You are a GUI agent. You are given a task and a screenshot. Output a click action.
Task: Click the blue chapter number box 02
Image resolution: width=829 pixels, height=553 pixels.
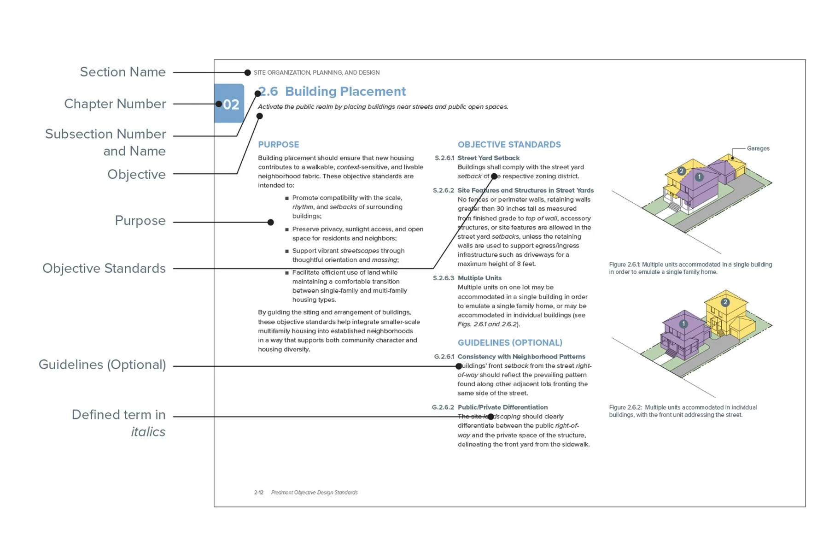tap(229, 104)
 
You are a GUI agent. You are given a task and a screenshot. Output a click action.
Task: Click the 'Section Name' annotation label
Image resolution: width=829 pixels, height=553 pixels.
tap(123, 72)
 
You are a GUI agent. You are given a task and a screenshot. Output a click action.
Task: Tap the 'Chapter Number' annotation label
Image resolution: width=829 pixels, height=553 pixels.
tap(115, 104)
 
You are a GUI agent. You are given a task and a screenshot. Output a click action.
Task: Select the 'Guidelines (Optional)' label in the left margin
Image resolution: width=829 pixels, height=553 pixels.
tap(102, 365)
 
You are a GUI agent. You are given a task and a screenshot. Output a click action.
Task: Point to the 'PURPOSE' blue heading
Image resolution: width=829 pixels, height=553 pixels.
tap(278, 145)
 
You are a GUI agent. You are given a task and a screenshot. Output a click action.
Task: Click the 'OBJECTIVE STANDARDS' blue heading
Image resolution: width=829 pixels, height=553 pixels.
tap(509, 145)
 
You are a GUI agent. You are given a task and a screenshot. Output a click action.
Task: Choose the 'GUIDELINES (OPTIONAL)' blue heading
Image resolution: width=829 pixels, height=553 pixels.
tap(510, 343)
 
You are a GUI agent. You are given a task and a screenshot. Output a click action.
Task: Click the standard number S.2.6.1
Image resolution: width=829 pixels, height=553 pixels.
tap(444, 158)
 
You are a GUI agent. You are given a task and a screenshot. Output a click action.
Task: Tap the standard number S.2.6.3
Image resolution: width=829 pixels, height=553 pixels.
tap(443, 278)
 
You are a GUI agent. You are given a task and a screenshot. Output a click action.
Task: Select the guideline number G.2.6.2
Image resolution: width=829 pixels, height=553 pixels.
tap(443, 407)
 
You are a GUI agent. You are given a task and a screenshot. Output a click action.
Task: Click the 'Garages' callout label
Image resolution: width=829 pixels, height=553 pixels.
tap(758, 148)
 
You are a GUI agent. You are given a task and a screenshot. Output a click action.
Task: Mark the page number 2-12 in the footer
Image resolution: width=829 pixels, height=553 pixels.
tap(259, 493)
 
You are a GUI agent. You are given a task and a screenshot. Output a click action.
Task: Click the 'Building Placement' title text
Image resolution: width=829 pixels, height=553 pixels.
tap(345, 91)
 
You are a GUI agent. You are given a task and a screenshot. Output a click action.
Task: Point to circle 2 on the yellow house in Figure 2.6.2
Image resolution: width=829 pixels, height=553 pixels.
tap(725, 302)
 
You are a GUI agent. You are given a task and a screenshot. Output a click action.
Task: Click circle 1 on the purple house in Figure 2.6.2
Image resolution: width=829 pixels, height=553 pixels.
tap(683, 324)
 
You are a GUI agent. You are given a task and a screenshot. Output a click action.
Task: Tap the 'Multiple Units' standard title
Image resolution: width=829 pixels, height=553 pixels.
tap(479, 278)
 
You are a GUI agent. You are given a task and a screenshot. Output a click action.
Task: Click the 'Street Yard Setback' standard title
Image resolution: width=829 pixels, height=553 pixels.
tap(488, 158)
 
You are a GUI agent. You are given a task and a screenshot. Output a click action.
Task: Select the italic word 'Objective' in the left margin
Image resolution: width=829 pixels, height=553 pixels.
tap(136, 174)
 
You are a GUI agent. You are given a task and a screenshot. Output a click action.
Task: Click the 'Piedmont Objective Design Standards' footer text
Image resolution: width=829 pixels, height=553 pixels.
tap(314, 493)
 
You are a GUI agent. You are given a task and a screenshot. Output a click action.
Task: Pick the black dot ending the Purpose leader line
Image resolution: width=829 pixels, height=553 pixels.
tap(271, 223)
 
